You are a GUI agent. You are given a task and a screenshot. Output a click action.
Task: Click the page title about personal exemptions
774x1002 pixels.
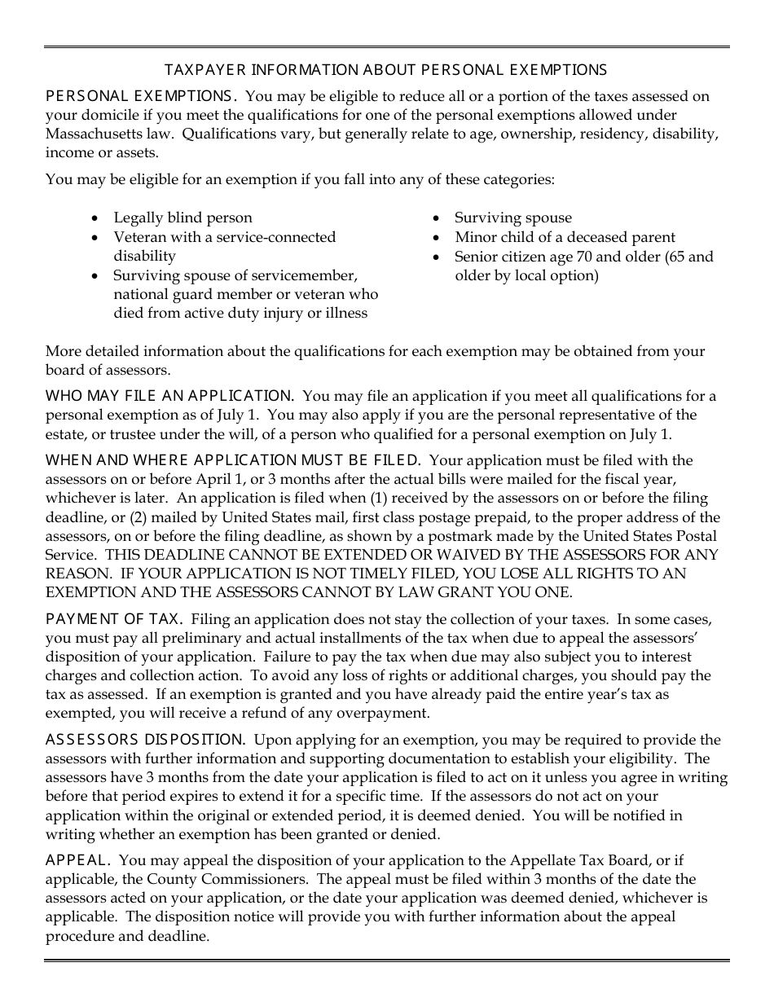pos(385,70)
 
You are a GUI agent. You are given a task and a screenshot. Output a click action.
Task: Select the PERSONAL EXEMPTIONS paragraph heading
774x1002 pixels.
pos(141,96)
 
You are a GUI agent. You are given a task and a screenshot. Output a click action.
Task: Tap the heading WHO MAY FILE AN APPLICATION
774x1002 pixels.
pos(169,396)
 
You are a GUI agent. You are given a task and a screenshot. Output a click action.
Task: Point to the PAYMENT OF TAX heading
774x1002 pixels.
pos(114,620)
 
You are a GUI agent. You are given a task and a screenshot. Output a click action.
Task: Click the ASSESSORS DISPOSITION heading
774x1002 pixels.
pos(145,740)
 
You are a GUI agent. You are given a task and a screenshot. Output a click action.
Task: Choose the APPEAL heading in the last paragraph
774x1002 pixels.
pos(77,860)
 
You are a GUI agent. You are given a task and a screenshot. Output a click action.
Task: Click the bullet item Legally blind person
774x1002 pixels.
pos(183,218)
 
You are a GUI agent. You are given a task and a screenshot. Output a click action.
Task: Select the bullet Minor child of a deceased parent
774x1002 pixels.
pos(565,237)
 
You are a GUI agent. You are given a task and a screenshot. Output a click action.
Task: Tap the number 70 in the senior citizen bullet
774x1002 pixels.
pos(583,257)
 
